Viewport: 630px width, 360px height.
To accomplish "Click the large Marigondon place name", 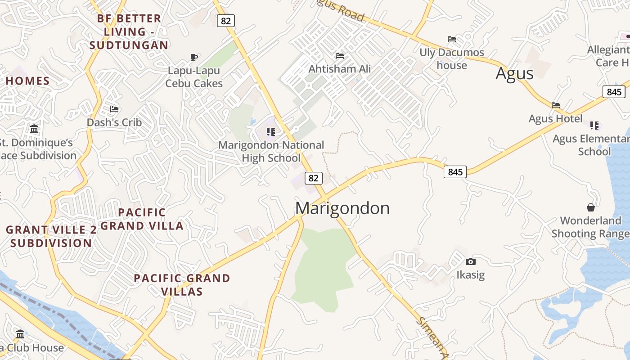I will pos(342,208).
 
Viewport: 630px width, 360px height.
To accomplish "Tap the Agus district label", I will pos(514,73).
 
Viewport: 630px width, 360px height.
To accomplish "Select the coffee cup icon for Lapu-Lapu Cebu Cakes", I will pos(194,57).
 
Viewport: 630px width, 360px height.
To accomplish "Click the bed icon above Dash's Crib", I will pos(114,109).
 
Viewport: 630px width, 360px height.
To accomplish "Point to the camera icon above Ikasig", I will pos(471,261).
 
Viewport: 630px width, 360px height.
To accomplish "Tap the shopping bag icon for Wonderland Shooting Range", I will pos(590,207).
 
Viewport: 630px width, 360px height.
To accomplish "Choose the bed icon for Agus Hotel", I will pos(556,105).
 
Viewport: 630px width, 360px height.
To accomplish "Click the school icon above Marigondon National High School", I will pos(270,132).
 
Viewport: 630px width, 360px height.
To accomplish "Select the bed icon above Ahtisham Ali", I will pos(340,56).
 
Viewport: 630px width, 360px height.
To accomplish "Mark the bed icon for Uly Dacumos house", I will pos(452,39).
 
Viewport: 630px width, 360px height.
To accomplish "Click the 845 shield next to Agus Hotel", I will pos(614,92).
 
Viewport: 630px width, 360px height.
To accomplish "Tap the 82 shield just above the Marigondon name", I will pos(314,178).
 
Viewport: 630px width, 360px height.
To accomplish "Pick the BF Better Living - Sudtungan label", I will pos(129,32).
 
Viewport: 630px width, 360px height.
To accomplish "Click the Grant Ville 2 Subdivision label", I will pos(51,236).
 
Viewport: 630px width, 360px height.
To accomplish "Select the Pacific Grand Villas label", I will pos(182,285).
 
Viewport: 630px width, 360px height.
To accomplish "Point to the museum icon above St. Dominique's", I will pos(34,130).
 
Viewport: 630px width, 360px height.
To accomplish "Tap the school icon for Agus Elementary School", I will pos(594,125).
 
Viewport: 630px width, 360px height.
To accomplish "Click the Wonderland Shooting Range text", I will pos(590,227).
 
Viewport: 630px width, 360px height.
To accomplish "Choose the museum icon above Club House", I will pos(20,334).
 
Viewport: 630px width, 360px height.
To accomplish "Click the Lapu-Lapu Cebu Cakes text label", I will pos(194,77).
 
